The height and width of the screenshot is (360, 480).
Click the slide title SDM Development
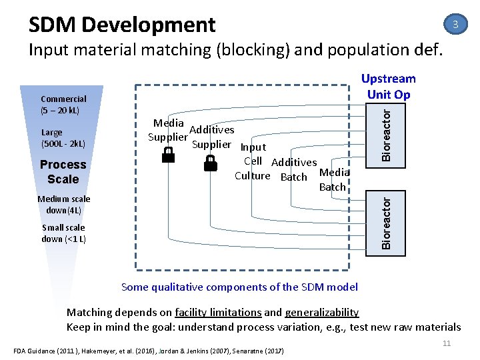pyautogui.click(x=122, y=25)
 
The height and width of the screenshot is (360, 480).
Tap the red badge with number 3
pyautogui.click(x=455, y=25)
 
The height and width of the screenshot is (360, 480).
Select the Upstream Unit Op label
pyautogui.click(x=388, y=87)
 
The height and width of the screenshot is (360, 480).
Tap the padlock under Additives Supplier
pyautogui.click(x=211, y=164)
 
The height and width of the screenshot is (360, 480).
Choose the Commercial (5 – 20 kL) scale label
pyautogui.click(x=63, y=105)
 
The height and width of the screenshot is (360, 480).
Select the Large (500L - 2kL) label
pyautogui.click(x=63, y=138)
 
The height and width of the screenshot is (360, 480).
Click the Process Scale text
pyautogui.click(x=63, y=171)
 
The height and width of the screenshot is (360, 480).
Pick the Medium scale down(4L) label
pyautogui.click(x=63, y=205)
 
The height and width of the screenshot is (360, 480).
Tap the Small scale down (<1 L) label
pyautogui.click(x=63, y=233)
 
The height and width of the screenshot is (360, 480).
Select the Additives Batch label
pyautogui.click(x=294, y=169)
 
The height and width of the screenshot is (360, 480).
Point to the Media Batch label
pyautogui.click(x=333, y=180)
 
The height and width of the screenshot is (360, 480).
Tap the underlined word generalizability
pyautogui.click(x=321, y=312)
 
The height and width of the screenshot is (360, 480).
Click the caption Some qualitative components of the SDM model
pyautogui.click(x=239, y=287)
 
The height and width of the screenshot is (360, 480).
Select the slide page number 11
pyautogui.click(x=447, y=343)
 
